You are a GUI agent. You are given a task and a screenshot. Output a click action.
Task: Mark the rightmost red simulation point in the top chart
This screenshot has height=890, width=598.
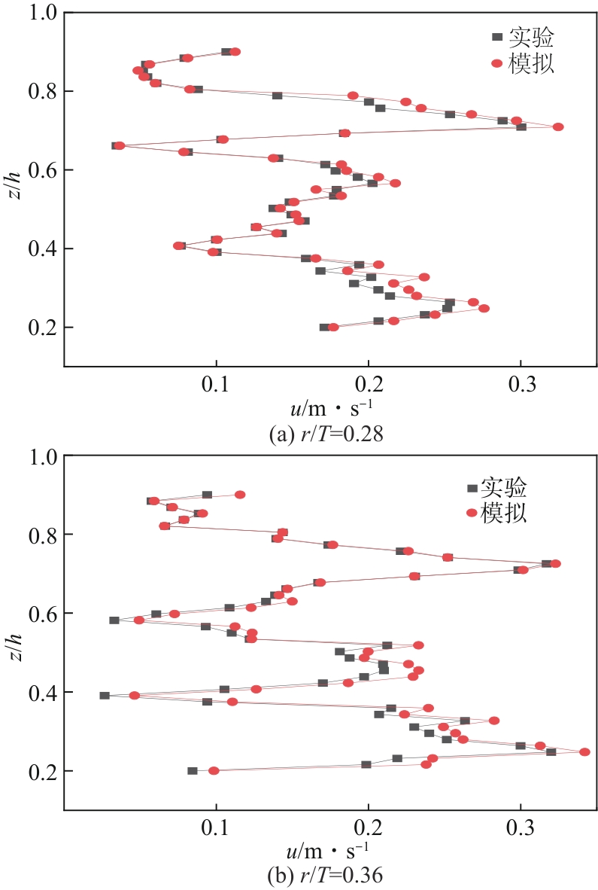558,126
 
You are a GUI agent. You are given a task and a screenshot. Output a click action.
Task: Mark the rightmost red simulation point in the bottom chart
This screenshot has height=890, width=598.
584,751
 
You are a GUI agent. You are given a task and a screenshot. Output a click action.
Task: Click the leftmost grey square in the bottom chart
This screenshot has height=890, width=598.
105,696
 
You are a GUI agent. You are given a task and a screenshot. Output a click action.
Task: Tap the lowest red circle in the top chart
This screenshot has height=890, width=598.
334,327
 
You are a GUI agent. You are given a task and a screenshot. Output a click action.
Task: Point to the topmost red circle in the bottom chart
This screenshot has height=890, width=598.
240,495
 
